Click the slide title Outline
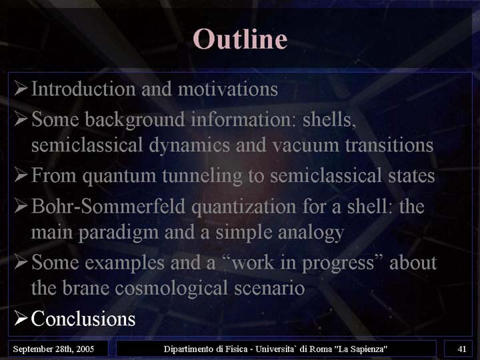click(240, 39)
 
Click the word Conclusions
click(83, 319)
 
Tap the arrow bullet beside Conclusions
click(21, 318)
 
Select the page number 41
click(462, 349)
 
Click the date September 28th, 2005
click(53, 349)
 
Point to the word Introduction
click(83, 89)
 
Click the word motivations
click(228, 89)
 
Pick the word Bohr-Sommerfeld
click(109, 206)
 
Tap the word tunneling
click(202, 176)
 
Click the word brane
click(86, 288)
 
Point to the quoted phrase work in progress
click(303, 263)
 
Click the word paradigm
click(119, 233)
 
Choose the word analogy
click(311, 233)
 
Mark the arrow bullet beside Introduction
click(21, 88)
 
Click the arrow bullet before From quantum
click(21, 175)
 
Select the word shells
click(329, 119)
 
